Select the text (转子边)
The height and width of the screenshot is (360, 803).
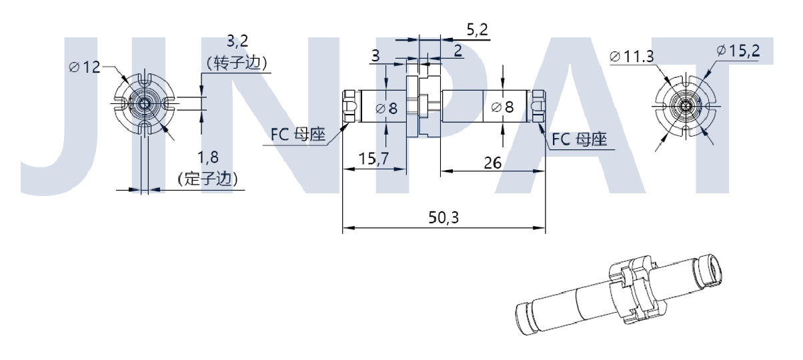click(x=237, y=63)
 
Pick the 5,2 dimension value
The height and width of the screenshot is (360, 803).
click(x=477, y=29)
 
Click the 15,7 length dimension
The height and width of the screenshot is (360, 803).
click(x=374, y=159)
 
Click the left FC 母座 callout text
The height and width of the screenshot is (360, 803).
click(x=297, y=135)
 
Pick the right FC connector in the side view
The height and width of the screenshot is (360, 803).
click(x=539, y=106)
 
